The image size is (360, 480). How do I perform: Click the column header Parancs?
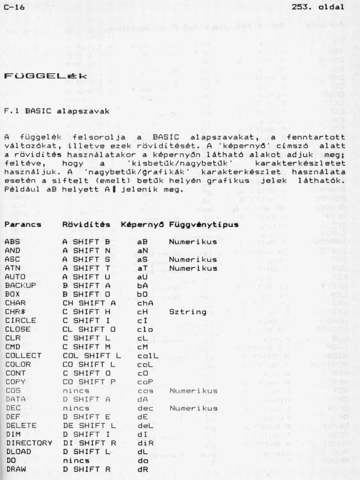(x=23, y=225)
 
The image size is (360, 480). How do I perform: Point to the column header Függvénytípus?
(x=204, y=225)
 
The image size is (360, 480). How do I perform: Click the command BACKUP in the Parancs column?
(x=20, y=285)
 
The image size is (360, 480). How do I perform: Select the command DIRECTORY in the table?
(x=28, y=443)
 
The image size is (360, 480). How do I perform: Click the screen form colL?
(x=147, y=355)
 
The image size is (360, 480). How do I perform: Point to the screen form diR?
(x=145, y=443)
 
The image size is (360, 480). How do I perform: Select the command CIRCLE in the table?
(x=20, y=320)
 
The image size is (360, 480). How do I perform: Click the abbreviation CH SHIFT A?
(x=89, y=303)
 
